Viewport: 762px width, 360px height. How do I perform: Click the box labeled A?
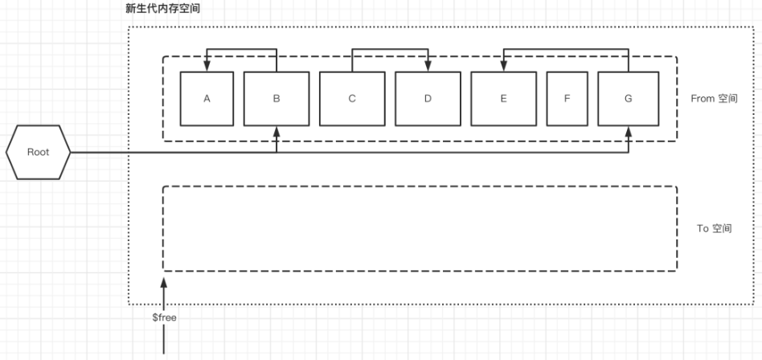pyautogui.click(x=207, y=99)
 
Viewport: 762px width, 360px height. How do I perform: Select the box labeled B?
pyautogui.click(x=276, y=99)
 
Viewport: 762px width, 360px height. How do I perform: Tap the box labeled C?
pyautogui.click(x=352, y=99)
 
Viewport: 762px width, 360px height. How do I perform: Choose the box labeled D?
pyautogui.click(x=428, y=99)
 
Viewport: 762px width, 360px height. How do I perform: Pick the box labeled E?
pyautogui.click(x=503, y=99)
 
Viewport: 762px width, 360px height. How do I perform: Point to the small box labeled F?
pyautogui.click(x=567, y=99)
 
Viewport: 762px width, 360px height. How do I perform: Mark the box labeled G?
pyautogui.click(x=628, y=99)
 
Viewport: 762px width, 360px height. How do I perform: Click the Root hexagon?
pyautogui.click(x=39, y=152)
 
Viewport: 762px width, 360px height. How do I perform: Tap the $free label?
pyautogui.click(x=164, y=317)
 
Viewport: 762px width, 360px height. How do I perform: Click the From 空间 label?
pyautogui.click(x=714, y=99)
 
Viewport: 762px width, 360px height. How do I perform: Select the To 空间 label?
pyautogui.click(x=714, y=228)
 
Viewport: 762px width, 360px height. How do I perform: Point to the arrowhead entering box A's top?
pyautogui.click(x=207, y=67)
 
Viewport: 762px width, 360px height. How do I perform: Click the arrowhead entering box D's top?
pyautogui.click(x=428, y=67)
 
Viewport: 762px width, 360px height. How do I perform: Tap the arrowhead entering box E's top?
pyautogui.click(x=503, y=67)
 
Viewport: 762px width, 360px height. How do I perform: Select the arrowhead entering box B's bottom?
pyautogui.click(x=276, y=131)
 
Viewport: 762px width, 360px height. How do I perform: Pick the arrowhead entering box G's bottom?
pyautogui.click(x=628, y=131)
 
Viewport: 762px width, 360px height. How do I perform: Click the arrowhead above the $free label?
pyautogui.click(x=164, y=282)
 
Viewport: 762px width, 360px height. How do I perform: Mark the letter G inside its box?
pyautogui.click(x=628, y=99)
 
